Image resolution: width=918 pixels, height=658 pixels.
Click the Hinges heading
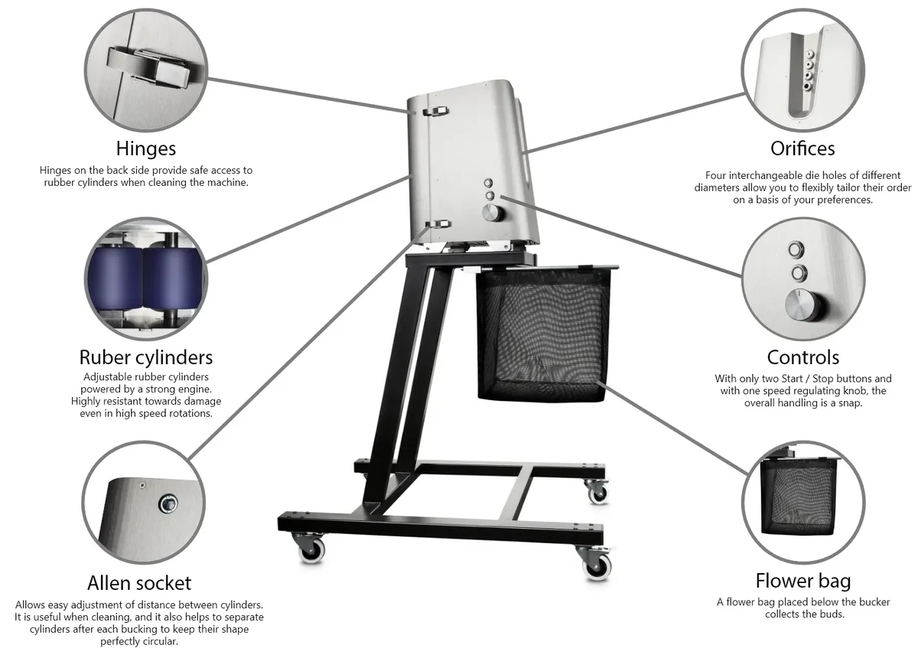tap(146, 149)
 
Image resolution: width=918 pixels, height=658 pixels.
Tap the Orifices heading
tap(802, 148)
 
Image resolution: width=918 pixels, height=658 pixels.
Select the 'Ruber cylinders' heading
tap(146, 357)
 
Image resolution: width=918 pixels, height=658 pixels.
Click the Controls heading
tap(802, 357)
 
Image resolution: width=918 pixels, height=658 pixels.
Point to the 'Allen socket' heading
tap(139, 583)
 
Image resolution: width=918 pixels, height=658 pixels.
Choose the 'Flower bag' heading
tap(802, 581)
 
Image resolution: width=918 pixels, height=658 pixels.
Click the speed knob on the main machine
tap(492, 213)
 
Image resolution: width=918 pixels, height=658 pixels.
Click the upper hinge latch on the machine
tap(435, 111)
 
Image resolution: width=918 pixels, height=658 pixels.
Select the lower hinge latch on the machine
tap(438, 224)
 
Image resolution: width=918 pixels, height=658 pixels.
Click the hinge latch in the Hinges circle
tap(148, 67)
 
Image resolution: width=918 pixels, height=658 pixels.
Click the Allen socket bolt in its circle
tap(168, 504)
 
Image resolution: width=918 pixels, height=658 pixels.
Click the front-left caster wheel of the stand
tap(311, 550)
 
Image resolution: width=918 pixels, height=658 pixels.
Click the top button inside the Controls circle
tap(796, 249)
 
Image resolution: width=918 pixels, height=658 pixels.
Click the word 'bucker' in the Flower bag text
tap(874, 602)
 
